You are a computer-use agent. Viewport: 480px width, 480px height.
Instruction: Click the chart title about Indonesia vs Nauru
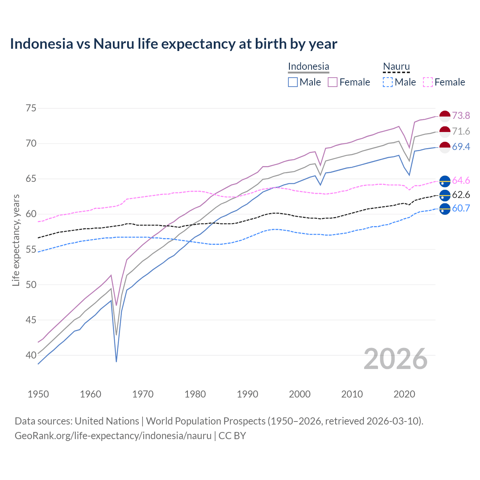click(173, 44)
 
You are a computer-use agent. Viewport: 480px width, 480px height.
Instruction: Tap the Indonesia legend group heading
click(308, 66)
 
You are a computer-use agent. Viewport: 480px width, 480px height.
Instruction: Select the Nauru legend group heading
click(396, 66)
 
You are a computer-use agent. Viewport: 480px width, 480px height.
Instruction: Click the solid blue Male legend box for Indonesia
click(293, 82)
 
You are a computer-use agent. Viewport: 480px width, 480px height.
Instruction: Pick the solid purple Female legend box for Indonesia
click(333, 82)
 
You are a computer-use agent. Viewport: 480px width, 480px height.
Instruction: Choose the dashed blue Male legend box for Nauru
click(388, 82)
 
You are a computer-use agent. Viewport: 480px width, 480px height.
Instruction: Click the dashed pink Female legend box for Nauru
click(427, 82)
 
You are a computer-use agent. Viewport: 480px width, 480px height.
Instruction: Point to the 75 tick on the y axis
click(31, 108)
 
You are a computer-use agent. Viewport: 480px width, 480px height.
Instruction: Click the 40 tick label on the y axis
click(31, 355)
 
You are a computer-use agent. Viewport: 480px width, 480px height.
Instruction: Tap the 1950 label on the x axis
click(38, 394)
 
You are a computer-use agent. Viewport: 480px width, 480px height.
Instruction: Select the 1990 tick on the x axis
click(247, 394)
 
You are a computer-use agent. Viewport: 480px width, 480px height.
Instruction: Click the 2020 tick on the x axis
click(404, 394)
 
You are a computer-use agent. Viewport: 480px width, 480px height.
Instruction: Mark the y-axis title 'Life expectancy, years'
click(16, 240)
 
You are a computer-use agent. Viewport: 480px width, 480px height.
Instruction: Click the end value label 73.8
click(461, 116)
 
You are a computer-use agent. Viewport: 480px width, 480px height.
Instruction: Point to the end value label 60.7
click(461, 208)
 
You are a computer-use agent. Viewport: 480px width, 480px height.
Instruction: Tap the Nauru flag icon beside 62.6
click(444, 195)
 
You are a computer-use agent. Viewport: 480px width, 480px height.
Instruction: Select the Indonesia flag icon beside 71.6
click(444, 132)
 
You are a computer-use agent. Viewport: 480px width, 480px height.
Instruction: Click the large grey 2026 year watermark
click(396, 359)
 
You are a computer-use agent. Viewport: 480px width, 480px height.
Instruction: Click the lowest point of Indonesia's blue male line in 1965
click(116, 361)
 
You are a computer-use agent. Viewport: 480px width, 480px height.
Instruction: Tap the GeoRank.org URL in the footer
click(113, 436)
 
